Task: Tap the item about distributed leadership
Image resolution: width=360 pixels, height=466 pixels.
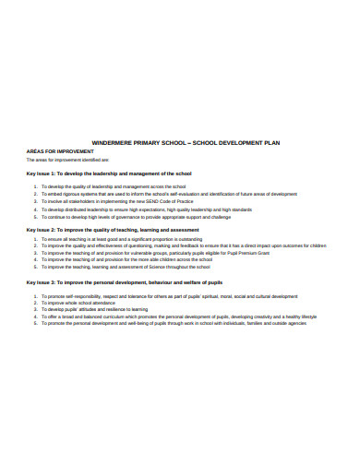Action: pyautogui.click(x=147, y=210)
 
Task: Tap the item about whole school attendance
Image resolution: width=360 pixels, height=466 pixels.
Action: pyautogui.click(x=82, y=303)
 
